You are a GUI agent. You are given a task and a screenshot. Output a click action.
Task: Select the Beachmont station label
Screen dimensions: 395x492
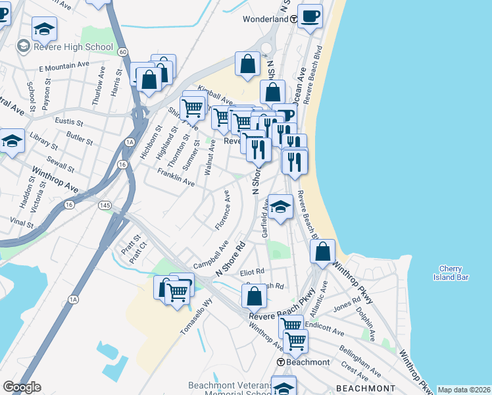(307, 362)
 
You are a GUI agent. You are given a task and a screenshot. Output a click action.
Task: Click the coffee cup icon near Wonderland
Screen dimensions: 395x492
(310, 16)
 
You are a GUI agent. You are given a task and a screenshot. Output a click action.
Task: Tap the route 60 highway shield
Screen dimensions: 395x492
(123, 51)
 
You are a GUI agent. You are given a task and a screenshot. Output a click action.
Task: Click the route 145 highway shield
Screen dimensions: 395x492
(105, 205)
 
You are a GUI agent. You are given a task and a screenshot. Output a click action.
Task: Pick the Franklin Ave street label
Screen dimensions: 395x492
(176, 176)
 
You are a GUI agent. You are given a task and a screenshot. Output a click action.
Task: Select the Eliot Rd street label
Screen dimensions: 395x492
(252, 271)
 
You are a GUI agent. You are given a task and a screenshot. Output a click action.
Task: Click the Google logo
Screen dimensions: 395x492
(22, 387)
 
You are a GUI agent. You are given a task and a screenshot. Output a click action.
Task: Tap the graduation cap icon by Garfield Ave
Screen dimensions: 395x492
(280, 207)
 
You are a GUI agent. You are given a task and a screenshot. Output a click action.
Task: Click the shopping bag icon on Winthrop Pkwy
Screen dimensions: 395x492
(322, 251)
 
